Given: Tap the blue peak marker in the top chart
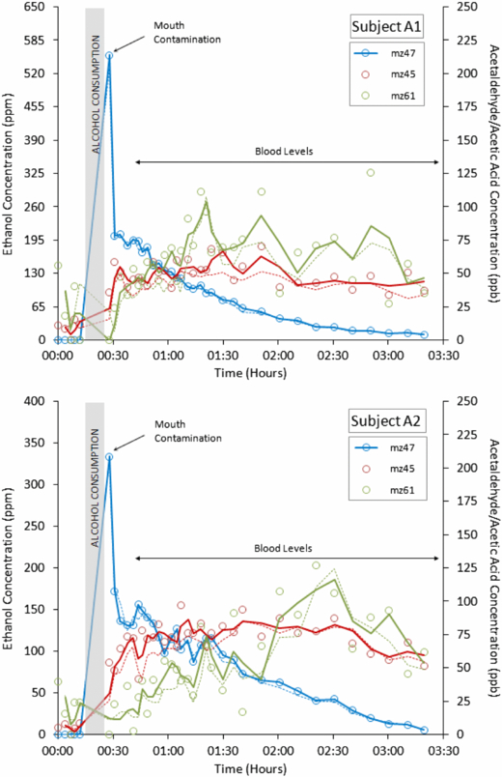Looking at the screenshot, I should [x=109, y=55].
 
